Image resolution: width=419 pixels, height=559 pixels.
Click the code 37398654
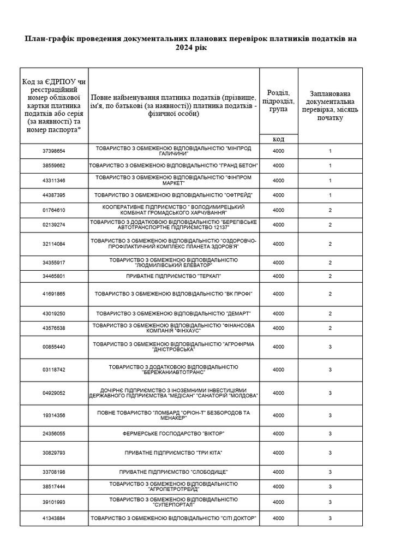coord(54,151)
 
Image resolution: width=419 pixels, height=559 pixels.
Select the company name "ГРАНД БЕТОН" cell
coord(173,165)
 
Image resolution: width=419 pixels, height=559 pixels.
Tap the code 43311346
coord(54,180)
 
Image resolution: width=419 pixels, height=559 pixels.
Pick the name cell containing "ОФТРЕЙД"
coord(173,195)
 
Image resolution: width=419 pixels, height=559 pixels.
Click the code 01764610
coord(54,210)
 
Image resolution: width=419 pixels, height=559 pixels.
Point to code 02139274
coord(54,224)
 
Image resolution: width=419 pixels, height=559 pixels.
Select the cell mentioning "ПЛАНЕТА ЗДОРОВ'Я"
coord(173,244)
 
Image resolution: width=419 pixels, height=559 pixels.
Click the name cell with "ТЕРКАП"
coord(173,276)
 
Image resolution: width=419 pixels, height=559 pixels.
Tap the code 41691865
coord(54,294)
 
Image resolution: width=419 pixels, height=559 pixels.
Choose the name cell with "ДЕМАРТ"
coord(173,313)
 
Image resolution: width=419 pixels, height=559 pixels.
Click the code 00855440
coord(54,347)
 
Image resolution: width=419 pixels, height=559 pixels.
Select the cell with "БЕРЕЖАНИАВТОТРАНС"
coord(173,370)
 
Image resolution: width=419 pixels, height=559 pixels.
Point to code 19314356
coord(54,415)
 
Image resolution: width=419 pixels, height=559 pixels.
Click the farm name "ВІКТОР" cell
coord(173,433)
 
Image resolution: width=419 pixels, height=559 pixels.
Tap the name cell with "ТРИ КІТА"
coord(173,453)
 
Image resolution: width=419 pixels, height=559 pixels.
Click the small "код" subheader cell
coord(278,139)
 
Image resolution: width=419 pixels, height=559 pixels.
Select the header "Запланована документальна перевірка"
coord(330,105)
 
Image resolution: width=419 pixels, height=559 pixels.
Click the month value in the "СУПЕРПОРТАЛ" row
coord(330,502)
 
